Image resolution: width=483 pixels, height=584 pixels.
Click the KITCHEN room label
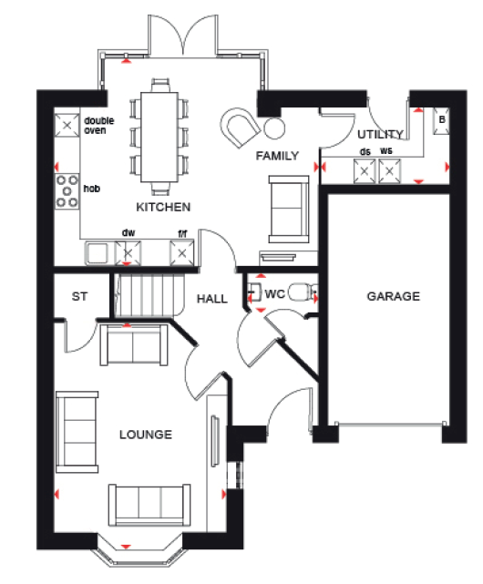[x=163, y=207]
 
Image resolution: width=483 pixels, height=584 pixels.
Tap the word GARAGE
[x=393, y=296]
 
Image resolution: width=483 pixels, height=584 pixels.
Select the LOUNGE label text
[x=146, y=435]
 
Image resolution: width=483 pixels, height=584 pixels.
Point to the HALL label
[x=212, y=299]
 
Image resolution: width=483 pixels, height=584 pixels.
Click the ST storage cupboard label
[x=79, y=297]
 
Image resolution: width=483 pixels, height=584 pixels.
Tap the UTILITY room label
[x=381, y=134]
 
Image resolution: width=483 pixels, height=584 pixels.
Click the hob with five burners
[x=67, y=191]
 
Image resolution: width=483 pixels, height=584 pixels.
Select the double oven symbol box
[x=67, y=126]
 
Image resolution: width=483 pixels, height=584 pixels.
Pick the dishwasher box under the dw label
[x=128, y=253]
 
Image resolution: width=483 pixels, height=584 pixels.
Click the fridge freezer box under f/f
[x=182, y=253]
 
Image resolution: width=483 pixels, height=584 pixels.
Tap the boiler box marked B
[x=441, y=120]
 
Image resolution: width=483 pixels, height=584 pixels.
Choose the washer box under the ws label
[x=389, y=171]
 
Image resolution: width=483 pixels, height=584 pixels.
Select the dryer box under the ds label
[x=365, y=171]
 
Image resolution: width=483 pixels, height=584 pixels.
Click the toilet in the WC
[x=303, y=292]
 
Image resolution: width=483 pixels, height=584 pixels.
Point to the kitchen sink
[x=97, y=253]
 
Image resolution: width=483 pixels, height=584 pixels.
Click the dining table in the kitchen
[x=159, y=137]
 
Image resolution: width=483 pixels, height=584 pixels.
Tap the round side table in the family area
[x=274, y=128]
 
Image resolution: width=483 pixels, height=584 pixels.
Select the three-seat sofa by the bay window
[x=149, y=505]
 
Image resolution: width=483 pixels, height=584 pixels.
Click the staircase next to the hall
[x=149, y=295]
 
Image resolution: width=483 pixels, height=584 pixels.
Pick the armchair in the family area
[x=240, y=128]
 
